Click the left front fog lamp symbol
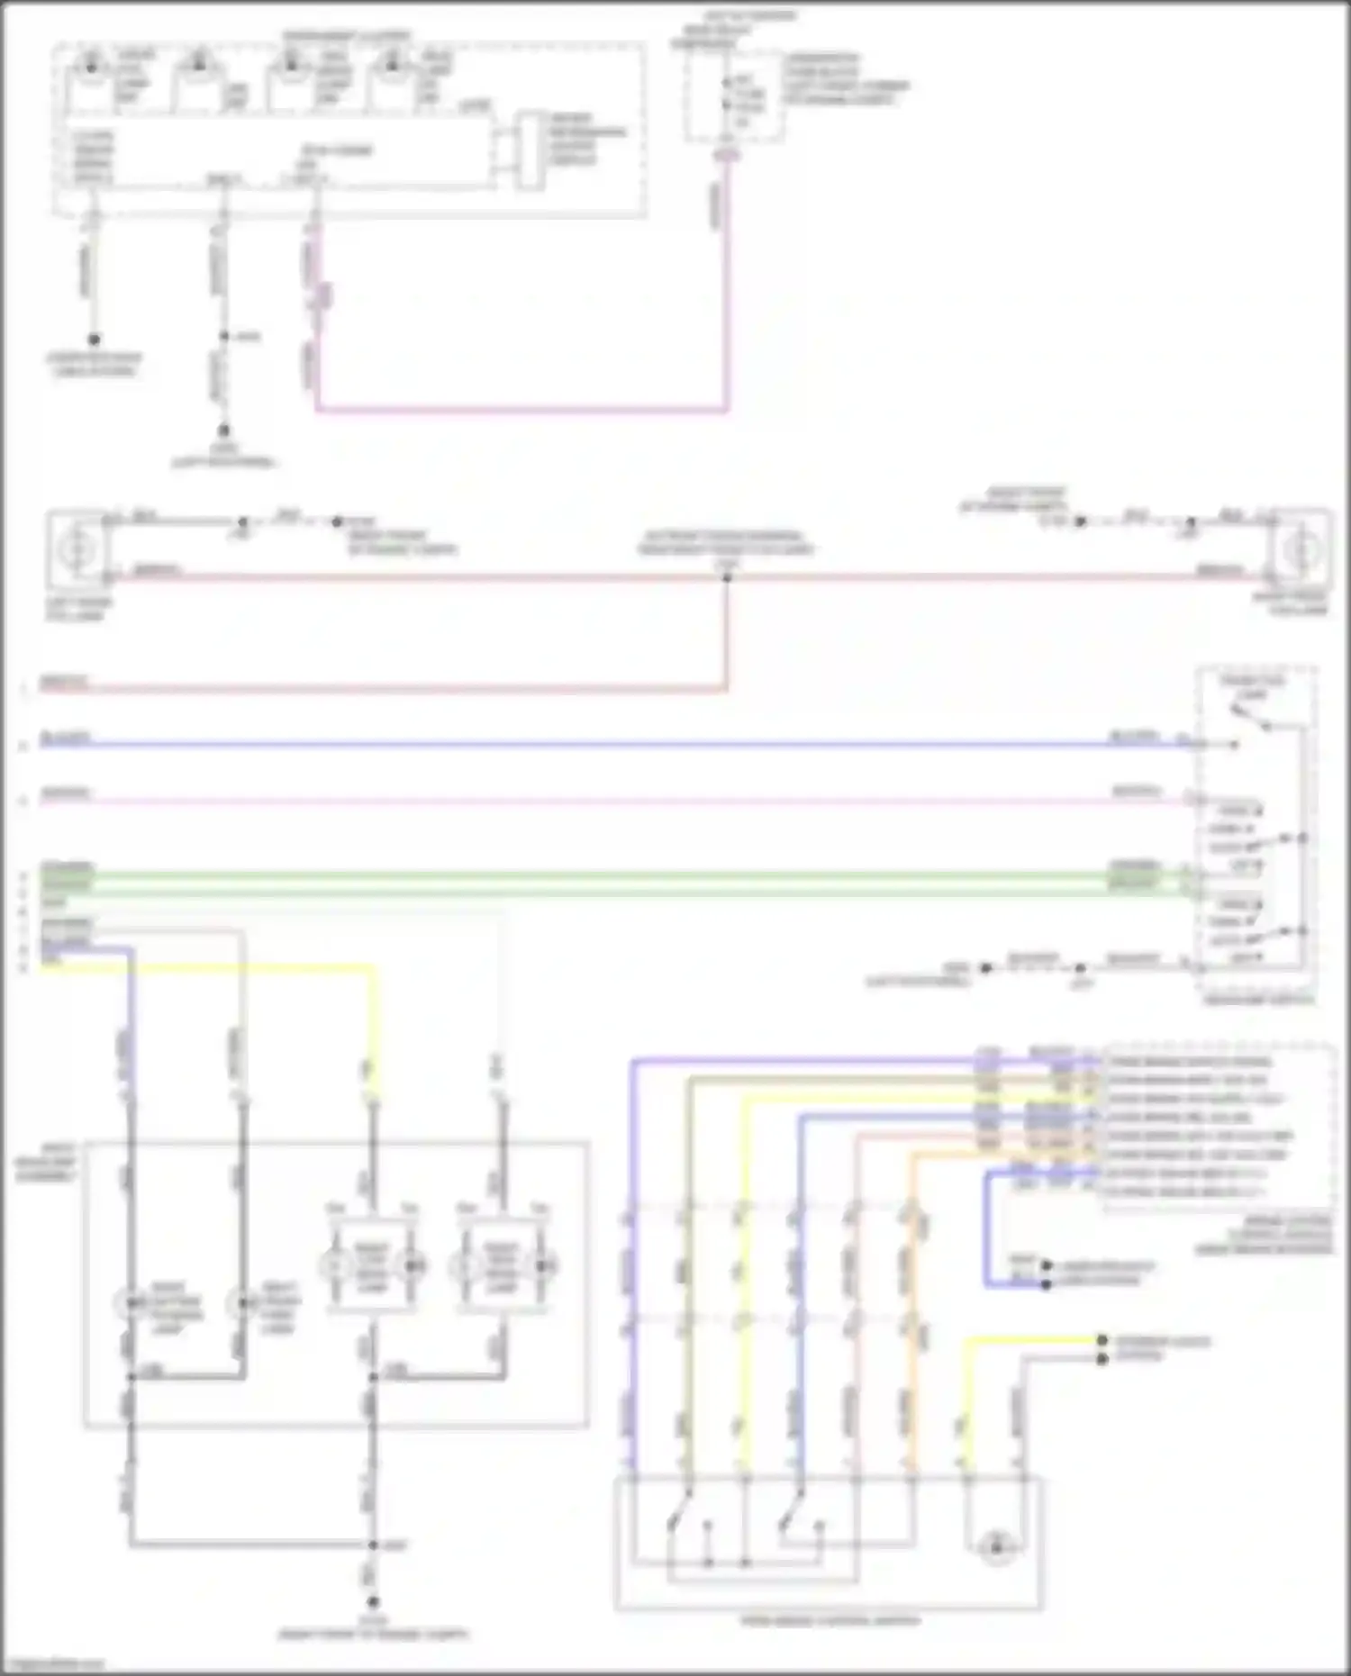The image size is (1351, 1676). [77, 548]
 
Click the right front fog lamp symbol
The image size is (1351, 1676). [1300, 548]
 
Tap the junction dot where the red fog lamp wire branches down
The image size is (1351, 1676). [727, 576]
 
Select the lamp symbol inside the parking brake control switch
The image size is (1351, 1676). [996, 1547]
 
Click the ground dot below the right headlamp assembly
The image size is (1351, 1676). [372, 1602]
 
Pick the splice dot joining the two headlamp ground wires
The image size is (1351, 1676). [372, 1545]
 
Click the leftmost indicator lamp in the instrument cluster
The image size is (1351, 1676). [91, 63]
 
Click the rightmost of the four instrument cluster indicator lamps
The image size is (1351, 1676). [393, 63]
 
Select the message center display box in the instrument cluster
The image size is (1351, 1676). [531, 150]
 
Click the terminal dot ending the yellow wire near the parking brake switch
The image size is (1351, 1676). [1102, 1341]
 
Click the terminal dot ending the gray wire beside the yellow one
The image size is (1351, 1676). [1102, 1358]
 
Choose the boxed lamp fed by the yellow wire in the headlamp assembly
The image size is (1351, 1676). [372, 1267]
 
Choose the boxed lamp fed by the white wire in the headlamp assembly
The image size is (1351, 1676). [501, 1267]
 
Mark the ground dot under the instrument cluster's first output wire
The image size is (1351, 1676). [94, 340]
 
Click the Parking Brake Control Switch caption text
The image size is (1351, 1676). [830, 1620]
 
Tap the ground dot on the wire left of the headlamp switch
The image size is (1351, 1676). [985, 968]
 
